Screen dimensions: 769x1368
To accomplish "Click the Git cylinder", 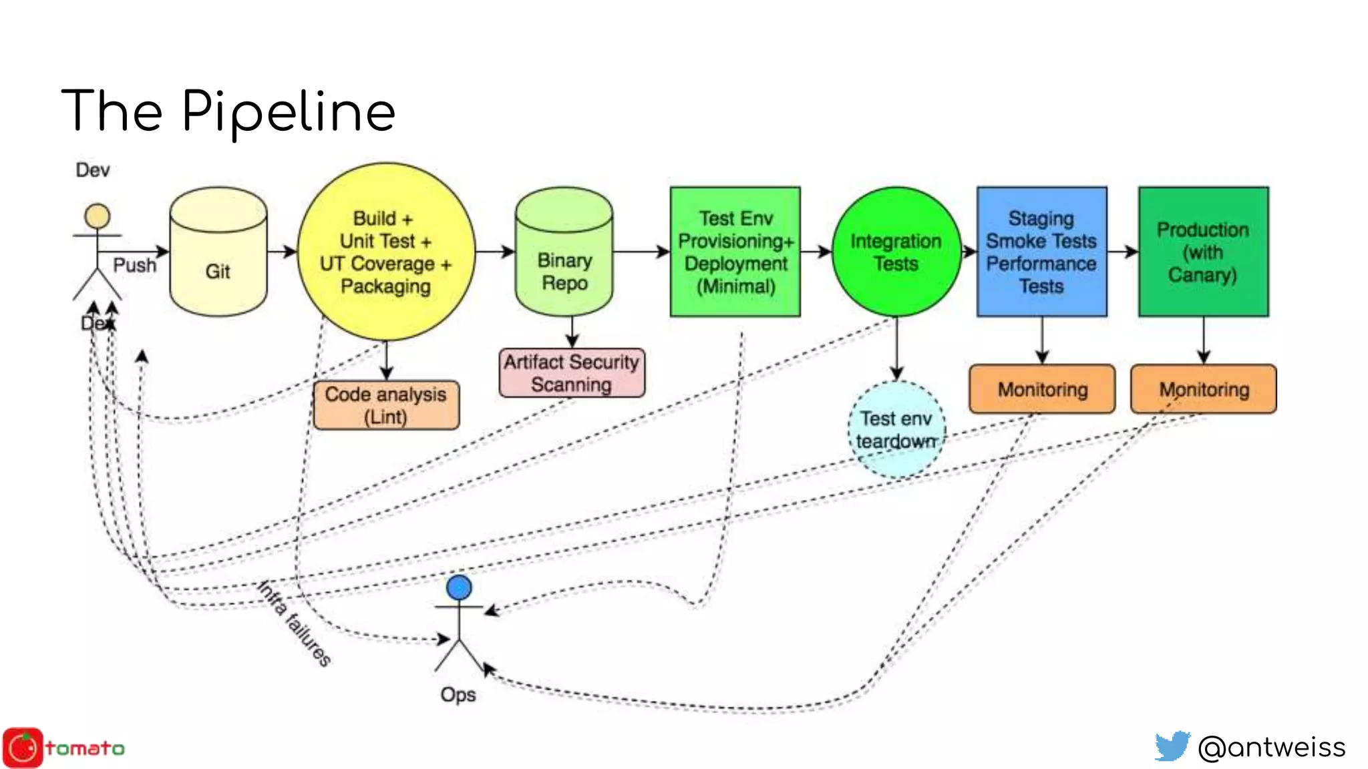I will (218, 254).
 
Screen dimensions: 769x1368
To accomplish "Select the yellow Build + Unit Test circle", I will (385, 252).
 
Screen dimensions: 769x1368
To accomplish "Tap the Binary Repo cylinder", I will (564, 254).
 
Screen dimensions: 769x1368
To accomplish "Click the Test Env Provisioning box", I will (735, 252).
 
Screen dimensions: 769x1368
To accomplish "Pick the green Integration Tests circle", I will (896, 252).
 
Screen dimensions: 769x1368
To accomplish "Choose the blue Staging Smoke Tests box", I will (1041, 252).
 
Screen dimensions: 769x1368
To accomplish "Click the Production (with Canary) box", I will (1203, 252).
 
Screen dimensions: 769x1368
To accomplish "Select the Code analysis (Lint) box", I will (386, 405).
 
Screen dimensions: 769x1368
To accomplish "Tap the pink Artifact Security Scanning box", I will (572, 372).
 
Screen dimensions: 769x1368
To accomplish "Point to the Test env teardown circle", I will (896, 429).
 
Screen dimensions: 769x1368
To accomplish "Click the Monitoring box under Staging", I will (1042, 389).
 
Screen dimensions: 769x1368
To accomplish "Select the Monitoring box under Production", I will (1204, 389).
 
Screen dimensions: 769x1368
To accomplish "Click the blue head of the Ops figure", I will (459, 587).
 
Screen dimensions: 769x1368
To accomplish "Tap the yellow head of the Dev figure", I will (97, 217).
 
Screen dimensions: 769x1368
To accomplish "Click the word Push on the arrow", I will (134, 265).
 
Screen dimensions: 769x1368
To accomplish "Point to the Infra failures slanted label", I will (295, 623).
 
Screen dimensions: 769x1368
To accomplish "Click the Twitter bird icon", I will (1172, 746).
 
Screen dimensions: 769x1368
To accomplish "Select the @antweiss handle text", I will (1272, 747).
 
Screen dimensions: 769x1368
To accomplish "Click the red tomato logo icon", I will (23, 748).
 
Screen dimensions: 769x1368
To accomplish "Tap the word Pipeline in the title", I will (289, 112).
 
